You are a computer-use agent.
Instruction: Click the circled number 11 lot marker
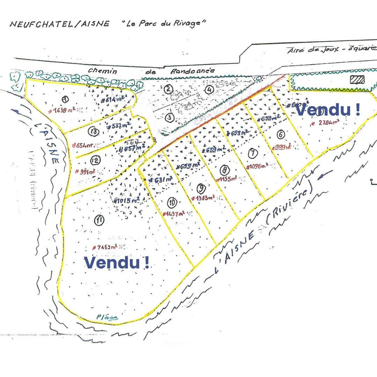coord(100,220)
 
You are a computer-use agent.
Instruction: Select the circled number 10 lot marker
coord(172,202)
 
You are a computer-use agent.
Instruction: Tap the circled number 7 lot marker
coord(254,152)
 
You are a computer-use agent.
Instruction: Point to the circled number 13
coord(94,132)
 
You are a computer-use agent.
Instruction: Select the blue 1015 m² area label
coord(127,201)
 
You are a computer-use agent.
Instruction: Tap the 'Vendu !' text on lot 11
coord(117,263)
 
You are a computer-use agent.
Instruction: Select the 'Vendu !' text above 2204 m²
coord(328,110)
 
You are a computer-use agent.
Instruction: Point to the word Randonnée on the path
coord(193,71)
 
